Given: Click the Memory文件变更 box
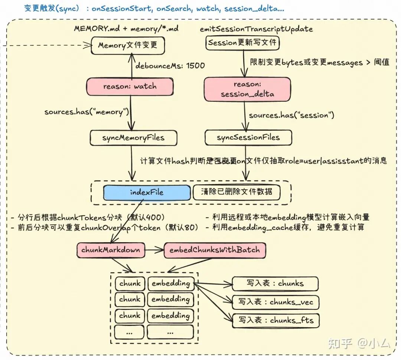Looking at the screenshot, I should point(128,45).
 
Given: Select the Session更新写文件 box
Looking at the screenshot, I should point(242,43).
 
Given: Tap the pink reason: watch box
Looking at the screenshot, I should point(130,86).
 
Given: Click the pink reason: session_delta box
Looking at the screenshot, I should point(247,90).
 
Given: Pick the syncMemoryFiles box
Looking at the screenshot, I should point(134,138).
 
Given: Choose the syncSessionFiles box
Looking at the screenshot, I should point(248,138).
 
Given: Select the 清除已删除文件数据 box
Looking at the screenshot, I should point(237,192).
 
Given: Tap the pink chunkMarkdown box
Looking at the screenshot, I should point(111,250).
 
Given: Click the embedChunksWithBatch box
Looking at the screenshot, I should point(215,250).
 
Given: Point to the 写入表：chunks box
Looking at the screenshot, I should point(275,283).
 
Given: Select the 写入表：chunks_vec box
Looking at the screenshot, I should point(276,302).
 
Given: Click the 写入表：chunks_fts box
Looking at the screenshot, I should point(276,320).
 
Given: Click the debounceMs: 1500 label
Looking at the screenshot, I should point(170,66).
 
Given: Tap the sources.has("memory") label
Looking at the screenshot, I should point(87,112).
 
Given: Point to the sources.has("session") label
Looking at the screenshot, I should point(291,116).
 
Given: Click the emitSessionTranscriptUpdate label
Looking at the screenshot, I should point(256,29).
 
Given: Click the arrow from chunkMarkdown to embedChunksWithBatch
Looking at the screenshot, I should point(154,250).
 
